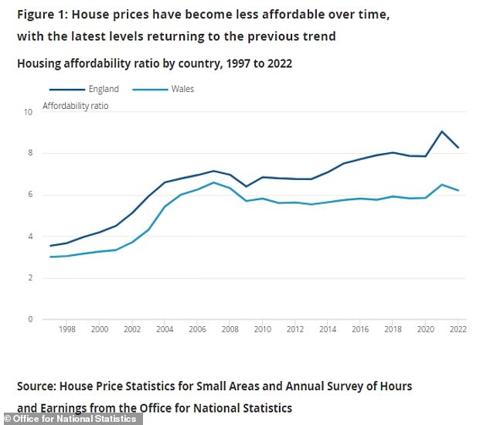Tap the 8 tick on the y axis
29,154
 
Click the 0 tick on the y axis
29,319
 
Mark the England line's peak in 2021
441,131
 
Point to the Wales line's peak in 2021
441,185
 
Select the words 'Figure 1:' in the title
45,15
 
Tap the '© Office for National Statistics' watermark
70,419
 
